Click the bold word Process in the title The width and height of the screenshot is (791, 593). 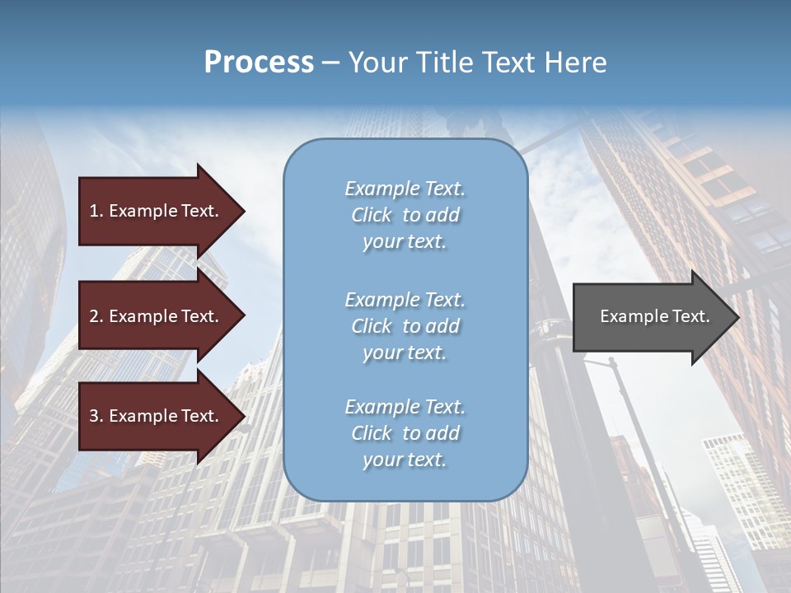click(259, 63)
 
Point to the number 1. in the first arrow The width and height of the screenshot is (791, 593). click(96, 211)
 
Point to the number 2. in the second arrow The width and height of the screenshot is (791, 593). click(96, 316)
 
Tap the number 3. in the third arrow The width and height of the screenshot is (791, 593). click(96, 416)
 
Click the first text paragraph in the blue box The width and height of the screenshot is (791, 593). click(405, 215)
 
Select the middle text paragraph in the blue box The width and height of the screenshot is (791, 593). click(405, 326)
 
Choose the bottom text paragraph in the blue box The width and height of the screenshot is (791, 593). click(405, 433)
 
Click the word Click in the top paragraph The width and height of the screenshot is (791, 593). click(372, 215)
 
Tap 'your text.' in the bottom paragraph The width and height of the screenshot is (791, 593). click(405, 460)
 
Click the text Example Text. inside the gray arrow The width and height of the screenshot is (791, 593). click(654, 316)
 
